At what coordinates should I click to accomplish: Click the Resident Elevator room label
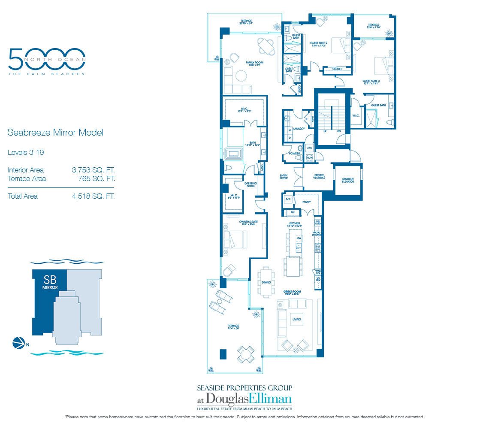pos(347,181)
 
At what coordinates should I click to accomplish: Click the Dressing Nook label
pos(251,185)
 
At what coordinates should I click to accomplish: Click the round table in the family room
pos(267,46)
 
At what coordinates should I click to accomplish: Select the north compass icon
pos(19,343)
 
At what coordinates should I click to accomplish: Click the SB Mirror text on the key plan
pos(50,281)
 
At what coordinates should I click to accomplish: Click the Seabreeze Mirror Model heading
pos(55,133)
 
